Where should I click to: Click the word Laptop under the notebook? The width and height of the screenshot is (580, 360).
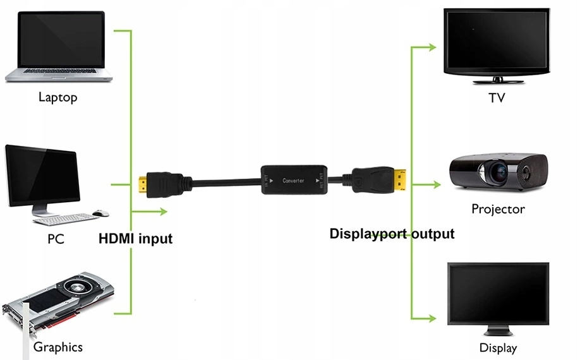57,97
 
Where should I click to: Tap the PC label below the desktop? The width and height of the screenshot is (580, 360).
56,239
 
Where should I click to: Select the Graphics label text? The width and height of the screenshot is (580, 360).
57,347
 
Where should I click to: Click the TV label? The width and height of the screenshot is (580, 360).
497,99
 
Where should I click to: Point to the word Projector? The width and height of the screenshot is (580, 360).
498,209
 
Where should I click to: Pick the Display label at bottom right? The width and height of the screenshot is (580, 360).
498,348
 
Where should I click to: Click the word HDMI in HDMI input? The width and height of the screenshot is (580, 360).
116,239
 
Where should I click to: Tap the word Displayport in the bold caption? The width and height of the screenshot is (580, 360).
369,234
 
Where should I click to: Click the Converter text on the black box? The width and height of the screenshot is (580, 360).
293,181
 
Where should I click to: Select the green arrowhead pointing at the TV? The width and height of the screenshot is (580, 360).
432,47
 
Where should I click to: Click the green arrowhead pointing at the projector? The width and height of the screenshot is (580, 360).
435,186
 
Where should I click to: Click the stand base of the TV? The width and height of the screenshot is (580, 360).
497,81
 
